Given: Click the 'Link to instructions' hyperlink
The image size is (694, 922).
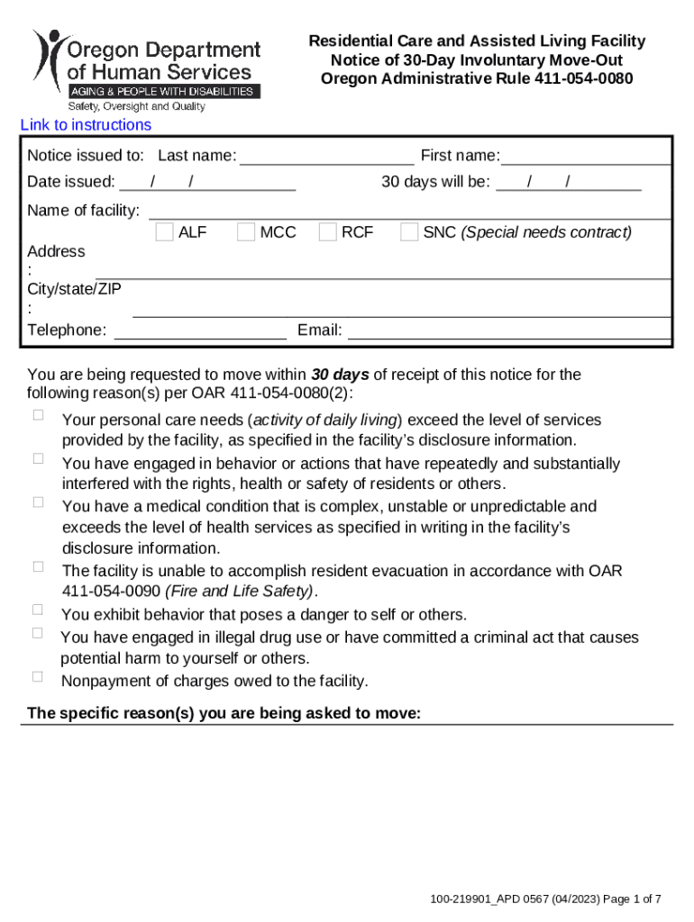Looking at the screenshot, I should (86, 125).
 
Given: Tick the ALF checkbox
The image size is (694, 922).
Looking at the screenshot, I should (164, 232).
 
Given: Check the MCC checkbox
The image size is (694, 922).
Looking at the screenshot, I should (245, 232).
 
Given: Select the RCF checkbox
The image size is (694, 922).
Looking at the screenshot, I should (327, 232).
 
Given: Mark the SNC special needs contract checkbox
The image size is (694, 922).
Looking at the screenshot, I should (408, 232).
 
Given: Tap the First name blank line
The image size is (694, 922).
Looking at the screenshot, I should (586, 158).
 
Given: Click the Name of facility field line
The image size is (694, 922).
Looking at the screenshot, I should (409, 212).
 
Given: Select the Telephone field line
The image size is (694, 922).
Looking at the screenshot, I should (200, 331).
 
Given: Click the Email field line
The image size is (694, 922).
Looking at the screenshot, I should (509, 331).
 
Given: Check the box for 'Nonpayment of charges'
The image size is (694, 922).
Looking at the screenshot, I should (39, 676).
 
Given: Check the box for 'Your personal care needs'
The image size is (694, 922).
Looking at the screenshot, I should (39, 415).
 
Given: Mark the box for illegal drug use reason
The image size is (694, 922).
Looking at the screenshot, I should (39, 633).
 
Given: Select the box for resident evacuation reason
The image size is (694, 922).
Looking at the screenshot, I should (39, 566).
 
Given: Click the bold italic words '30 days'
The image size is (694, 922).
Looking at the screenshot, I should (340, 375).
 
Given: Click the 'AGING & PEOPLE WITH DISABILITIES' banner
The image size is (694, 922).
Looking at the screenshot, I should (165, 92).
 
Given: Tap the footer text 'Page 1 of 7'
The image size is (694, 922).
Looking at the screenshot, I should (631, 899).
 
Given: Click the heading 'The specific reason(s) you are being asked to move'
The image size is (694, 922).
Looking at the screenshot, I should (224, 714).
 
